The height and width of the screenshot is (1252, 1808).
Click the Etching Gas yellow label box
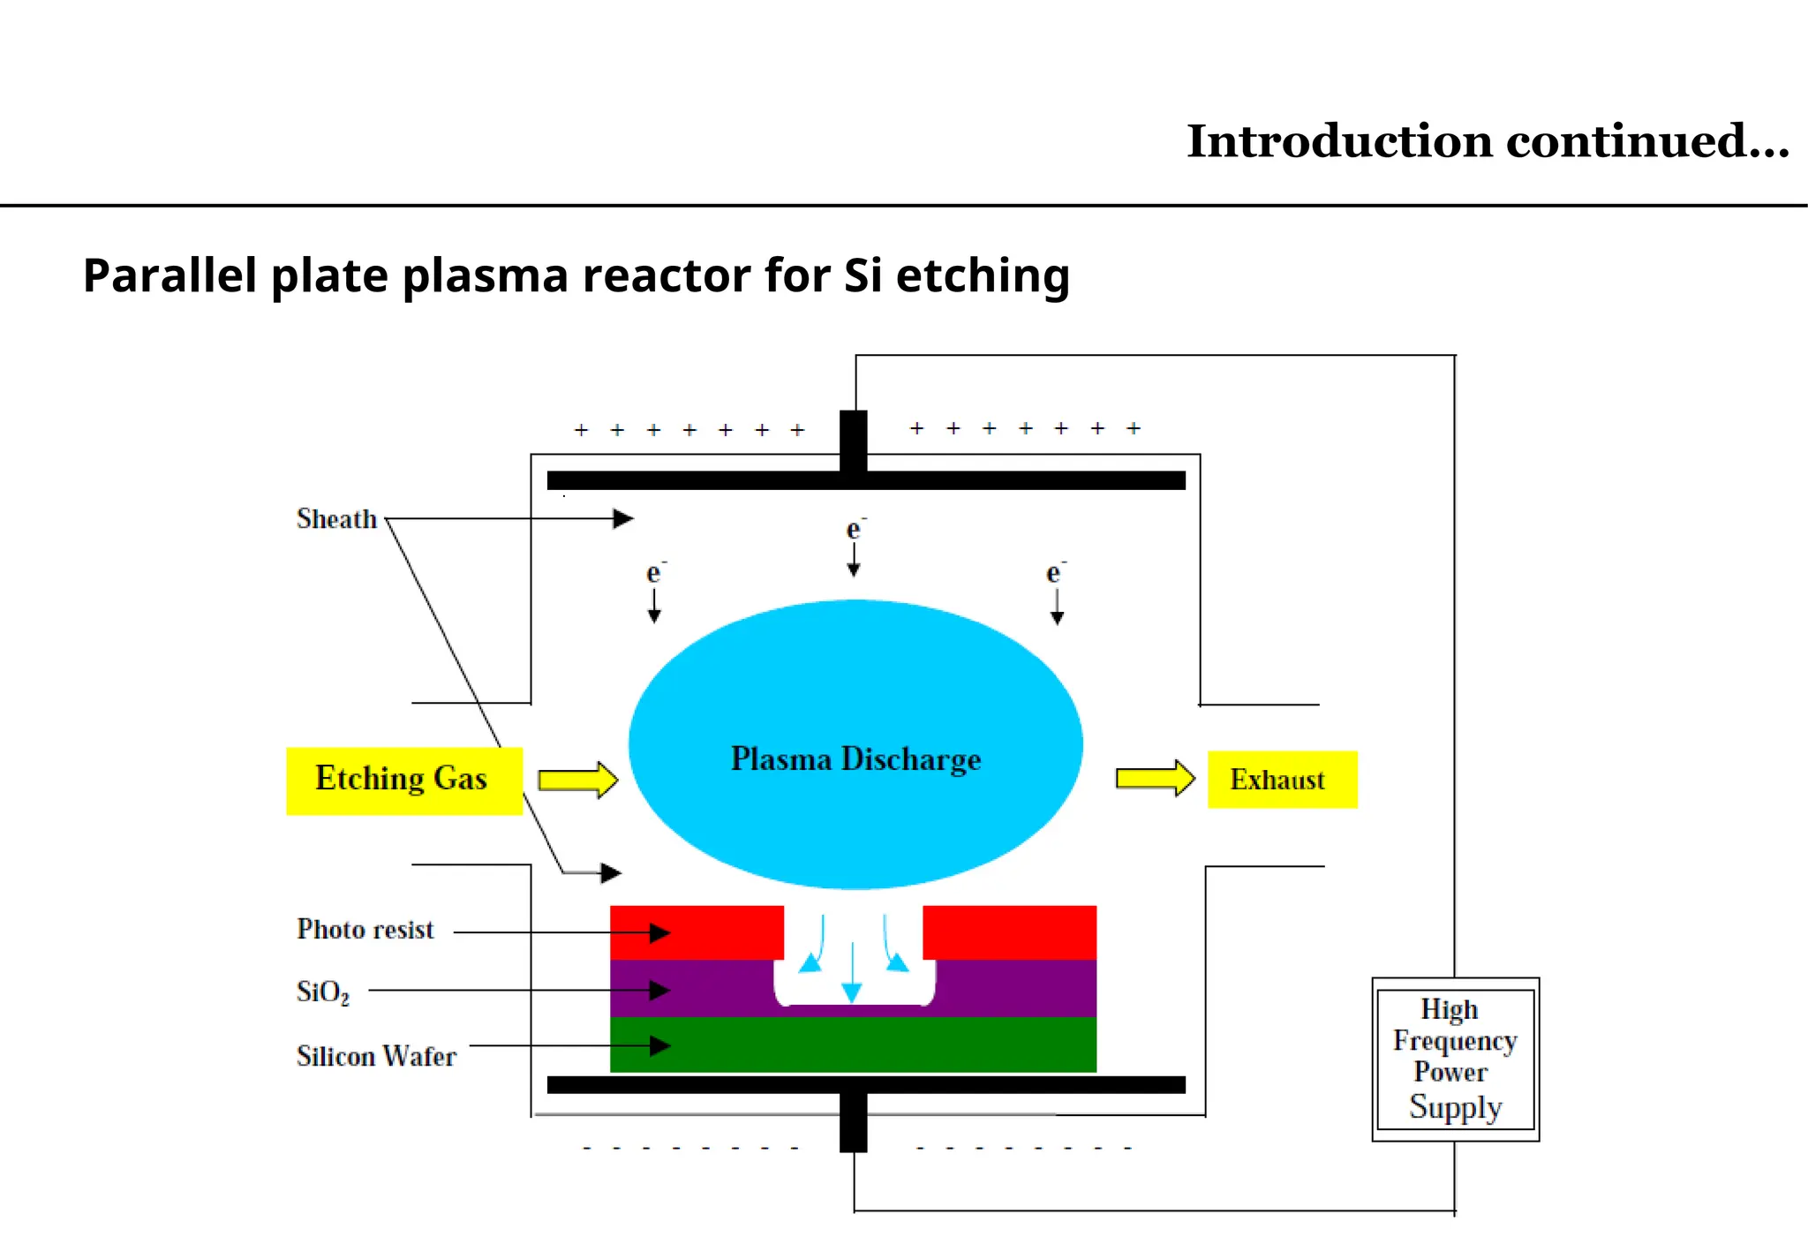(403, 781)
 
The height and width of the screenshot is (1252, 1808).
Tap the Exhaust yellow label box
(1281, 780)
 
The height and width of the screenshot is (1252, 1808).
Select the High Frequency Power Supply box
(1455, 1059)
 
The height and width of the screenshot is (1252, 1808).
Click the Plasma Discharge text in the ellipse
(855, 759)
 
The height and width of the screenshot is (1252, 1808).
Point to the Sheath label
(336, 519)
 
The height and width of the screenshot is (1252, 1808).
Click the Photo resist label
(365, 930)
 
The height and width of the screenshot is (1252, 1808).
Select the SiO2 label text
(322, 992)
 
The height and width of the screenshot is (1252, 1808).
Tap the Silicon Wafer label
(376, 1056)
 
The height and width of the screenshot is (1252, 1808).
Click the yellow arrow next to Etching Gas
(577, 781)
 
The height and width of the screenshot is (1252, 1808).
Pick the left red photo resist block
(697, 931)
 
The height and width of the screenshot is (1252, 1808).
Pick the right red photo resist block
(1009, 931)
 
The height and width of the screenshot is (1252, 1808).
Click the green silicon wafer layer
(853, 1045)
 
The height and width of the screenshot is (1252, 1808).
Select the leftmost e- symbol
(654, 573)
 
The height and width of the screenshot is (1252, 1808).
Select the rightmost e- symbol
(1054, 573)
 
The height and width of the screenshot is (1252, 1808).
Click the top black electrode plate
(865, 480)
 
